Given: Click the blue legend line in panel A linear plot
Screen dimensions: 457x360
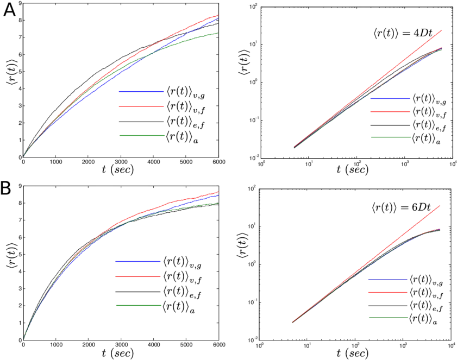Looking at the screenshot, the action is (x=141, y=92).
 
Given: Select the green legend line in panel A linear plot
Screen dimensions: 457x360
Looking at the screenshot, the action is (x=141, y=135).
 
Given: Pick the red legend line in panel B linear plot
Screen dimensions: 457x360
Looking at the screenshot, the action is (x=138, y=276).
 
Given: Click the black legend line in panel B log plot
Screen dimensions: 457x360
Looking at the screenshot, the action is (x=387, y=306).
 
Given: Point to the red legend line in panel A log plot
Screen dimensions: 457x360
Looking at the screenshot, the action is (x=390, y=111).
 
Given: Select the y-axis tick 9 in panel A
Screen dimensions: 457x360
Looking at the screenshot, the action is (x=20, y=3).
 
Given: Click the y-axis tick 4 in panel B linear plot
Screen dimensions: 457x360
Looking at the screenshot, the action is (x=20, y=271).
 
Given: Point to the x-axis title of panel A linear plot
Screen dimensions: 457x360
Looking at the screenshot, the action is (x=118, y=170).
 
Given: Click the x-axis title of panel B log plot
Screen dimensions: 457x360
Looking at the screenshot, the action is (x=353, y=353).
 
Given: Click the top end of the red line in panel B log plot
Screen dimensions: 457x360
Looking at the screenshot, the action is (x=440, y=206).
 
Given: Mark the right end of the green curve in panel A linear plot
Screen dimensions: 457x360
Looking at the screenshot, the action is (x=218, y=33).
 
